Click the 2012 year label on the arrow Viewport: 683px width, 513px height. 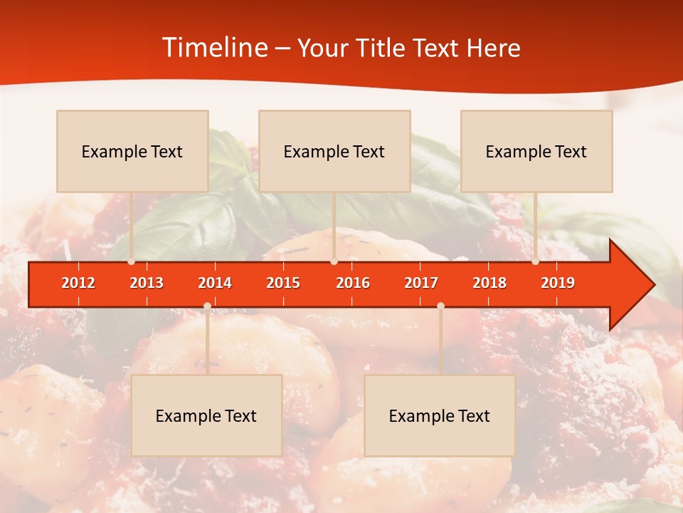click(78, 283)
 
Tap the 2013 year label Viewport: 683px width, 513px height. click(147, 283)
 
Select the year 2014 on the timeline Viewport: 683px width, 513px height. click(215, 283)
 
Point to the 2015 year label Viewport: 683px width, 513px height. click(283, 283)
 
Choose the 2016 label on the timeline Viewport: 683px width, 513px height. click(353, 283)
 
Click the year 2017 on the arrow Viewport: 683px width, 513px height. click(421, 283)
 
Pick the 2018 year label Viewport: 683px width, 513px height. click(489, 283)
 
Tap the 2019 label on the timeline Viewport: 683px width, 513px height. click(558, 283)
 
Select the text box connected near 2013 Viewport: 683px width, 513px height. click(132, 151)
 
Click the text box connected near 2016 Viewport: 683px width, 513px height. click(334, 151)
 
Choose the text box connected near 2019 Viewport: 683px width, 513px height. click(536, 151)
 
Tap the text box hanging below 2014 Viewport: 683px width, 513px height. click(206, 415)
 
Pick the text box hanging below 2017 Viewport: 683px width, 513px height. click(440, 415)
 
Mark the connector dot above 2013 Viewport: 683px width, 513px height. click(132, 261)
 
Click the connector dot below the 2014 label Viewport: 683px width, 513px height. click(207, 306)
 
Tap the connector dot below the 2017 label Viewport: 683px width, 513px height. click(440, 306)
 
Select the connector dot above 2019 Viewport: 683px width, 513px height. click(535, 261)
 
